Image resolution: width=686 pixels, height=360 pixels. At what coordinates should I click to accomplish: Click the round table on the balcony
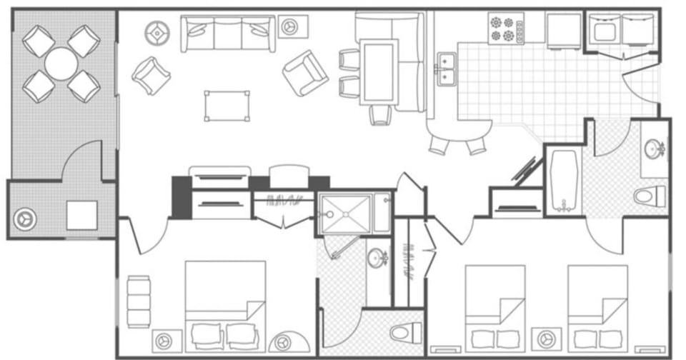point(61,64)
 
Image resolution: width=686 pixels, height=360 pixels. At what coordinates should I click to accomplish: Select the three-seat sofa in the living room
point(228,34)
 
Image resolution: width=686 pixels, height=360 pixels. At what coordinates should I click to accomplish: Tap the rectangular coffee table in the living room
point(227,106)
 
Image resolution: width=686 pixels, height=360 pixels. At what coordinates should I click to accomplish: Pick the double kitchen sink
point(447,69)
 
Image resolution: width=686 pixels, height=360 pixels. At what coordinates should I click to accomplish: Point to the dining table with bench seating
point(379,71)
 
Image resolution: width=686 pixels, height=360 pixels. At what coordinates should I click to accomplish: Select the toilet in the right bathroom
point(650,195)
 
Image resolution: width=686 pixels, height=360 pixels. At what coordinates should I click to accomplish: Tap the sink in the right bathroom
point(653,150)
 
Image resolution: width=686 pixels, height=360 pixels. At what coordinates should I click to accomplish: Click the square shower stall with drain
point(345,214)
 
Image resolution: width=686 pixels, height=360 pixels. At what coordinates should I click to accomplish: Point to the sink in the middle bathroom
point(377,258)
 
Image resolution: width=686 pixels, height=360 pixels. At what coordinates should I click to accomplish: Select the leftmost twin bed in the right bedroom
point(494,307)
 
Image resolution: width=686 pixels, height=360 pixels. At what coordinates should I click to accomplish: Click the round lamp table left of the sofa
point(156,31)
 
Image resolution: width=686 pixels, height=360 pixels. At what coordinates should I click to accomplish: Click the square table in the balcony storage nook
point(81,215)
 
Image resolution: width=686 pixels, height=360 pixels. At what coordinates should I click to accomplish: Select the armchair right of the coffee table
point(305,73)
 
